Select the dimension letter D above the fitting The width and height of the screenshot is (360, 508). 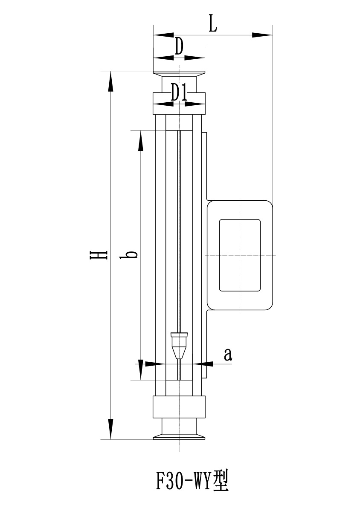[x=179, y=46]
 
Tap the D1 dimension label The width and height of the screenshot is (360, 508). [x=179, y=93]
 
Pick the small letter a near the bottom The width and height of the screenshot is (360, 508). [x=228, y=354]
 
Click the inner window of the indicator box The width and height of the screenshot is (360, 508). [x=240, y=255]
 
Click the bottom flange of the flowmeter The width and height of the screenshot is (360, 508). [x=179, y=435]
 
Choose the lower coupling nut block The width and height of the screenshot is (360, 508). [x=179, y=407]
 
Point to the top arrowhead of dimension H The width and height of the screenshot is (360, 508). [x=111, y=81]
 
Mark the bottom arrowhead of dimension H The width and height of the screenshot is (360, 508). [x=111, y=429]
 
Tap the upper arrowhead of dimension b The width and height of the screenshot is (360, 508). [x=140, y=141]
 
